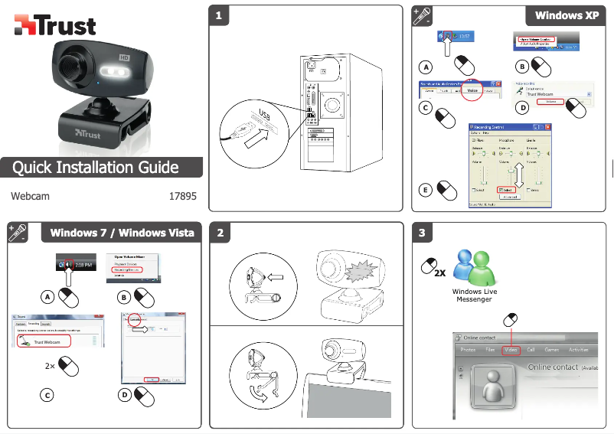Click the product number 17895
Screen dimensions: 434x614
tap(182, 196)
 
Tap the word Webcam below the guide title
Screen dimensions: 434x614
tap(31, 196)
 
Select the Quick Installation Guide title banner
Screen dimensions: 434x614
tap(96, 168)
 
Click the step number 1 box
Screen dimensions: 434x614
tap(219, 15)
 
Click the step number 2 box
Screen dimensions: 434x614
tap(220, 233)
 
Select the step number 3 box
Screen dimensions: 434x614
tap(422, 233)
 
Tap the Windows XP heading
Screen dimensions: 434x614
tap(566, 15)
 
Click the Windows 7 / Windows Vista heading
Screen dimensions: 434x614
tap(122, 233)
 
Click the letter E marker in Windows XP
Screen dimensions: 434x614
tap(426, 189)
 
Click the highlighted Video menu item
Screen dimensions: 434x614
tap(511, 350)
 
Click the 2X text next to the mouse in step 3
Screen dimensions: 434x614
tap(439, 272)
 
